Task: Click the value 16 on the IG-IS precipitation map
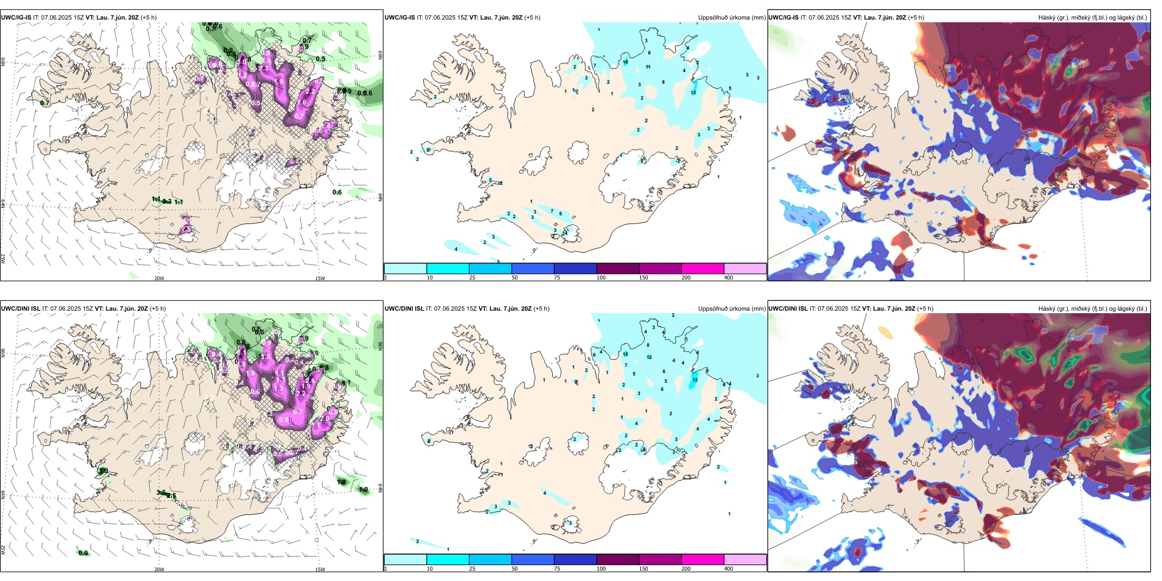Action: point(625,62)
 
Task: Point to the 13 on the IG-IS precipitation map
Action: point(693,93)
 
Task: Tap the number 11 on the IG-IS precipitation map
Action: point(648,67)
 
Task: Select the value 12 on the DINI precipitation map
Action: point(649,357)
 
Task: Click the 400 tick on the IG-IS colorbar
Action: point(728,278)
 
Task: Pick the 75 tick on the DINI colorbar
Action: point(557,569)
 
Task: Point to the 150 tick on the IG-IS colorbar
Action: point(643,278)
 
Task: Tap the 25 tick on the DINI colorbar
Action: point(472,569)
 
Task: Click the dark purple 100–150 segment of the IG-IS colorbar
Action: point(618,268)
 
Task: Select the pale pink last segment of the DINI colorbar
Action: point(745,560)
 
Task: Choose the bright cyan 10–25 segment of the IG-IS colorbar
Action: point(448,268)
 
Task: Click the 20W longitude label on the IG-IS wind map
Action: point(159,278)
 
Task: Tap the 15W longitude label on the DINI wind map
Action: point(320,569)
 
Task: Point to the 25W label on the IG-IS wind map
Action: point(3,258)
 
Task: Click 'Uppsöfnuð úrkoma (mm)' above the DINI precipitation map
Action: point(731,309)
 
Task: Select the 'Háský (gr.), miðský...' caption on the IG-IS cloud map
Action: point(1092,18)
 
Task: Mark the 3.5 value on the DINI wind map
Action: point(161,492)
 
